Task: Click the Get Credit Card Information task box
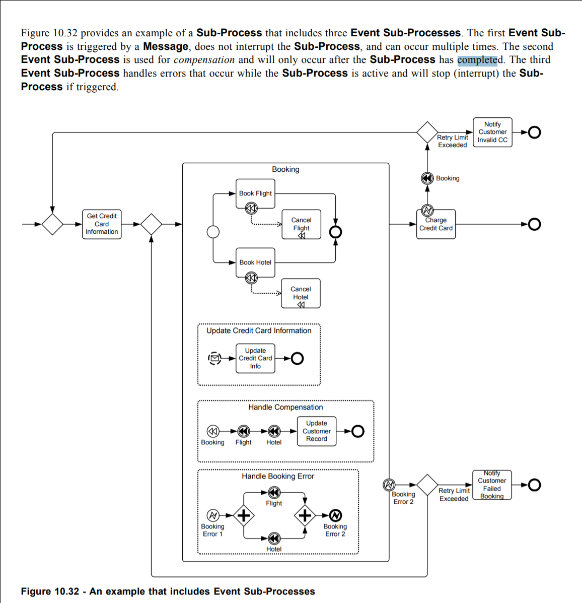102,224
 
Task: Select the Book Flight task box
255,193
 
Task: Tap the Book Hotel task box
255,262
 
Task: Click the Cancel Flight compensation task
301,225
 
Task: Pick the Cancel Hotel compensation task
301,294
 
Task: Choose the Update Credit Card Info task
255,358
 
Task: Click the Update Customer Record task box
316,431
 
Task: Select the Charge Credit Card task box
436,225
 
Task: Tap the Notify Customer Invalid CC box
492,132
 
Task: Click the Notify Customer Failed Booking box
492,485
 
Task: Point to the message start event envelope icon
214,358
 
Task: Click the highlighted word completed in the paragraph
477,60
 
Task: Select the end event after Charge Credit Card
534,224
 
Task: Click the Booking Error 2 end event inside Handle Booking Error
335,515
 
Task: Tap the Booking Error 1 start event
213,515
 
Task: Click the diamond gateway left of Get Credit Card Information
52,224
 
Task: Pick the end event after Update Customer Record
357,431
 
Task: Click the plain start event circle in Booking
213,232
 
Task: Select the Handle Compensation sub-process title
285,407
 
